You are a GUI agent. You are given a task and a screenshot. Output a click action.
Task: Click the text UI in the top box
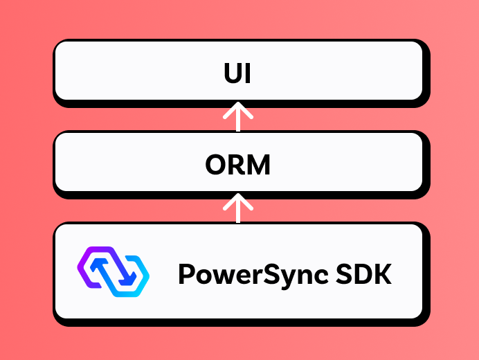point(237,74)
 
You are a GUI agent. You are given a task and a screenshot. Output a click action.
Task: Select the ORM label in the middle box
point(237,165)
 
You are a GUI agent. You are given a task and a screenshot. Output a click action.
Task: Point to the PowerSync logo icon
point(112,271)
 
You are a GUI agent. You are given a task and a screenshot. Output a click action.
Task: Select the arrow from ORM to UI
point(238,116)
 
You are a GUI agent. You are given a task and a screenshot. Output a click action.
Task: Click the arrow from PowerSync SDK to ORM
point(238,207)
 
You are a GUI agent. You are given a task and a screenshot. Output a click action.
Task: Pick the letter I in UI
point(247,74)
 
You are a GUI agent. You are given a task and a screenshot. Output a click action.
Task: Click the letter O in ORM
point(215,165)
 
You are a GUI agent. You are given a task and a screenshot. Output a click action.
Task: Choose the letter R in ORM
point(235,165)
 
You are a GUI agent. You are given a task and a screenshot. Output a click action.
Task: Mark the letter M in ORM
point(258,165)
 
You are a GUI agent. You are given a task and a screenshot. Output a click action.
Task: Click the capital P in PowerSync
point(186,274)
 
